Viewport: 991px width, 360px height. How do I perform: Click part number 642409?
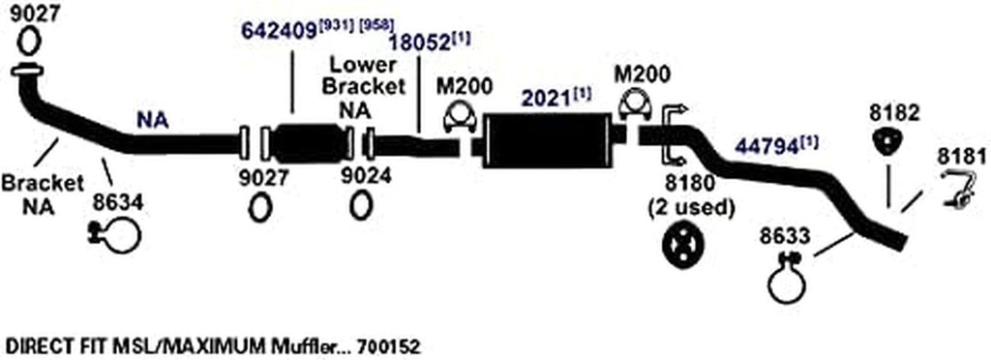(280, 31)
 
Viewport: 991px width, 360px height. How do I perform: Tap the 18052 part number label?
(418, 44)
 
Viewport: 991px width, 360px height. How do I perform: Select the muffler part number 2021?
(543, 98)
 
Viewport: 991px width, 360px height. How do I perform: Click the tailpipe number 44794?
(766, 147)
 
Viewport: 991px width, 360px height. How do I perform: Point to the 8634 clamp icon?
(116, 233)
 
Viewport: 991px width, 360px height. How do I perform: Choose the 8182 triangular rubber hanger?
(884, 143)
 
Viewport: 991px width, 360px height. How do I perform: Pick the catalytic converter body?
(305, 144)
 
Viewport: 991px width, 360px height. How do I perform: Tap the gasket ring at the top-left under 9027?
(28, 41)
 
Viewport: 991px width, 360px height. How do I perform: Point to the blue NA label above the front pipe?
(152, 120)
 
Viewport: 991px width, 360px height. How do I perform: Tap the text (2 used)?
(690, 206)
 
